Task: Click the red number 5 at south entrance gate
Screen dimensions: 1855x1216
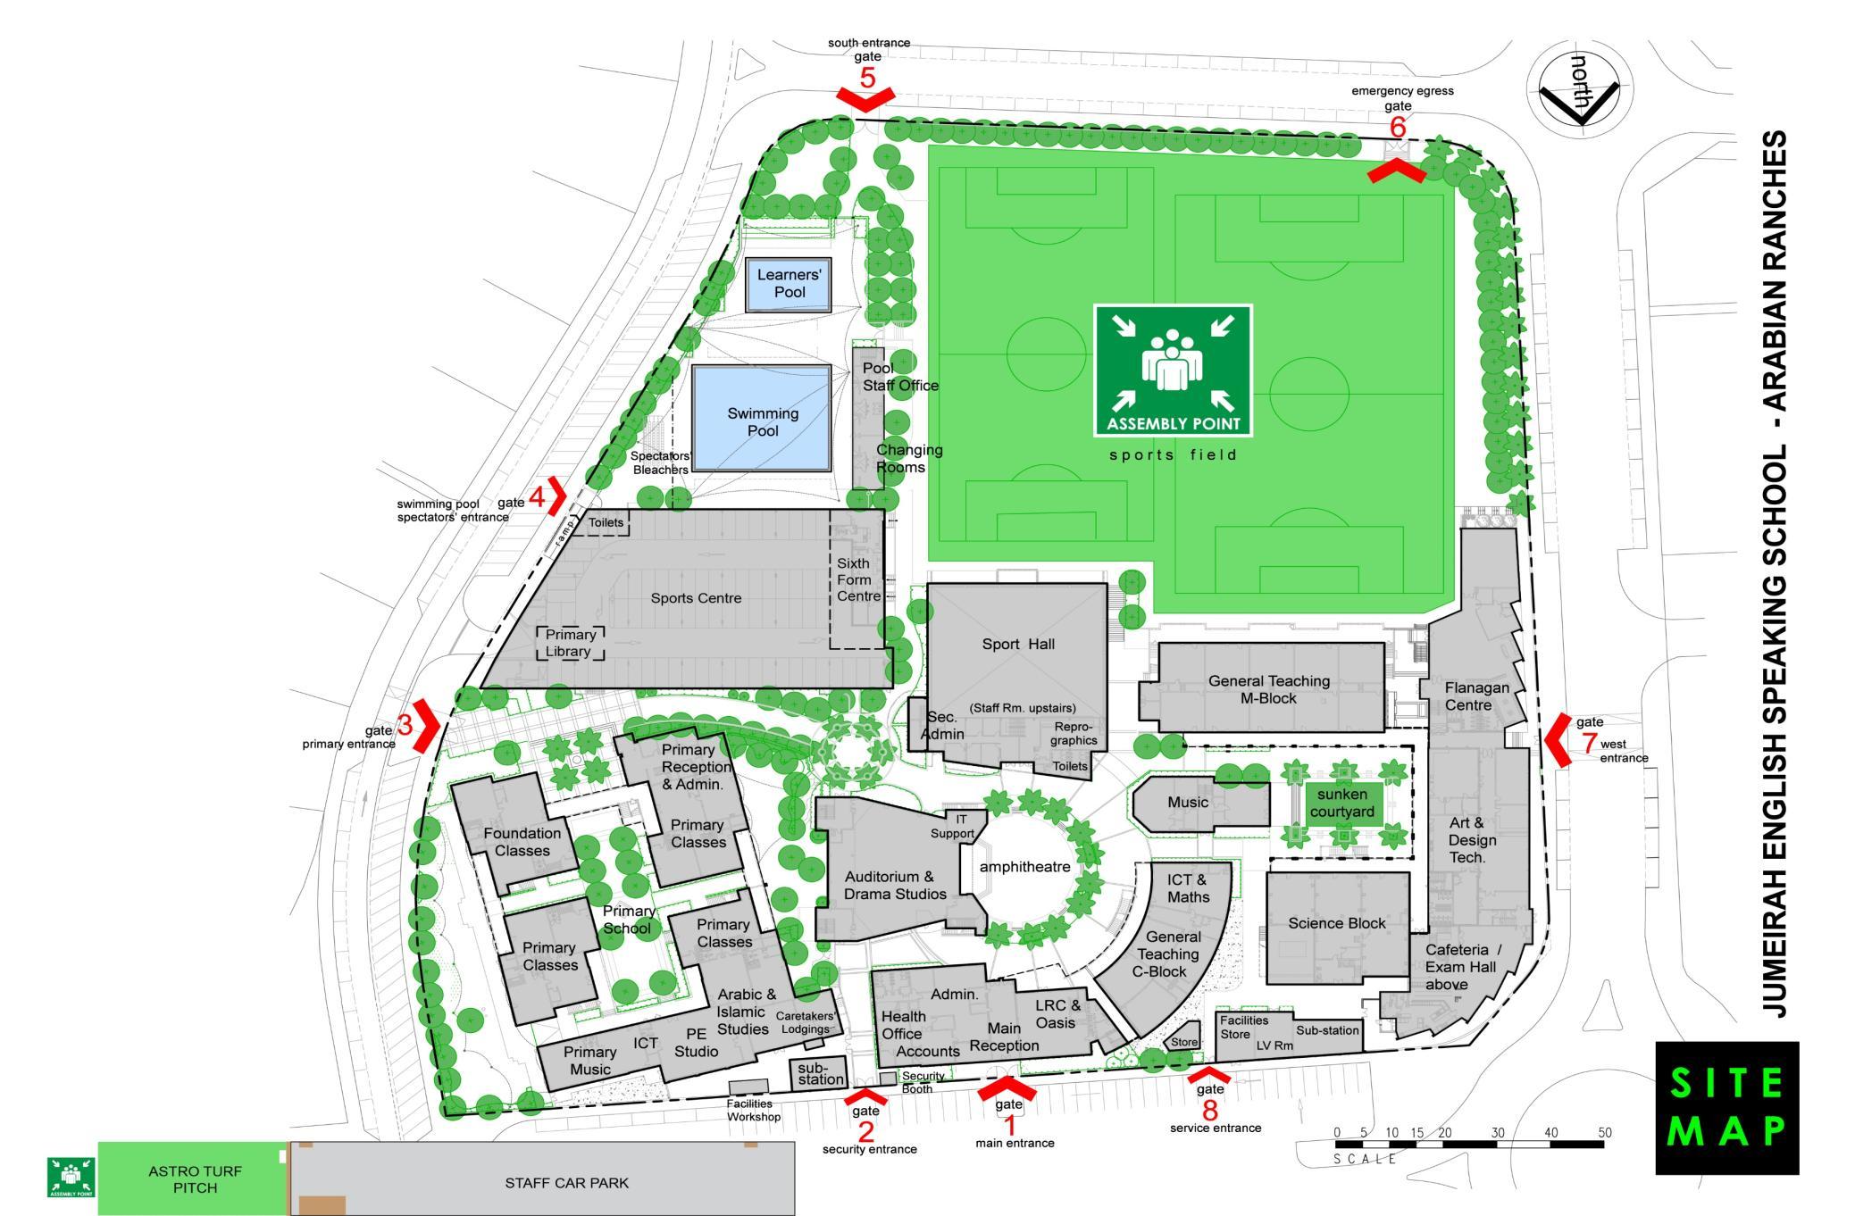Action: [867, 78]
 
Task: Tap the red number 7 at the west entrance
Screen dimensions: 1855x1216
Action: [1589, 743]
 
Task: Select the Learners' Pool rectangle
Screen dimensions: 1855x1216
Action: [789, 284]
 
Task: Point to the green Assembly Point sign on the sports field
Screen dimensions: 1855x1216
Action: [1173, 371]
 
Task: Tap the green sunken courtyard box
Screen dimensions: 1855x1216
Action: [1342, 803]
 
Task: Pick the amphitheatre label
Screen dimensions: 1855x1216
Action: [1024, 867]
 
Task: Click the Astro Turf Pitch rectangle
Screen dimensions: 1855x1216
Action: [194, 1179]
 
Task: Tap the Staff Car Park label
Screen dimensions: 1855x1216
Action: [566, 1183]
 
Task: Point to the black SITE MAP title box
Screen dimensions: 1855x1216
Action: [1726, 1107]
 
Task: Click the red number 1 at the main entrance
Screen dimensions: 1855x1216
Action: [1011, 1125]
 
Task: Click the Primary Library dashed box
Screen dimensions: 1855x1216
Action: [570, 643]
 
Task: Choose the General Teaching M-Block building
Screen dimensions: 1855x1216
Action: [1268, 688]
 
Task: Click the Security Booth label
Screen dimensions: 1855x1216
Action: [922, 1082]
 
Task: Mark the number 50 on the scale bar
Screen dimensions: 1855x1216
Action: [1605, 1133]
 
